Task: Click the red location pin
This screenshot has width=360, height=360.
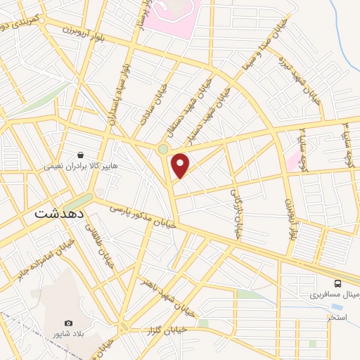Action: [181, 165]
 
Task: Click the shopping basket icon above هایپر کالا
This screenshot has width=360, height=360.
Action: [81, 154]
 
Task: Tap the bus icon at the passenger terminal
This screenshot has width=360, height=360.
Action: [338, 283]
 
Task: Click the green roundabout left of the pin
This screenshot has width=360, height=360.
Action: [163, 148]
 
